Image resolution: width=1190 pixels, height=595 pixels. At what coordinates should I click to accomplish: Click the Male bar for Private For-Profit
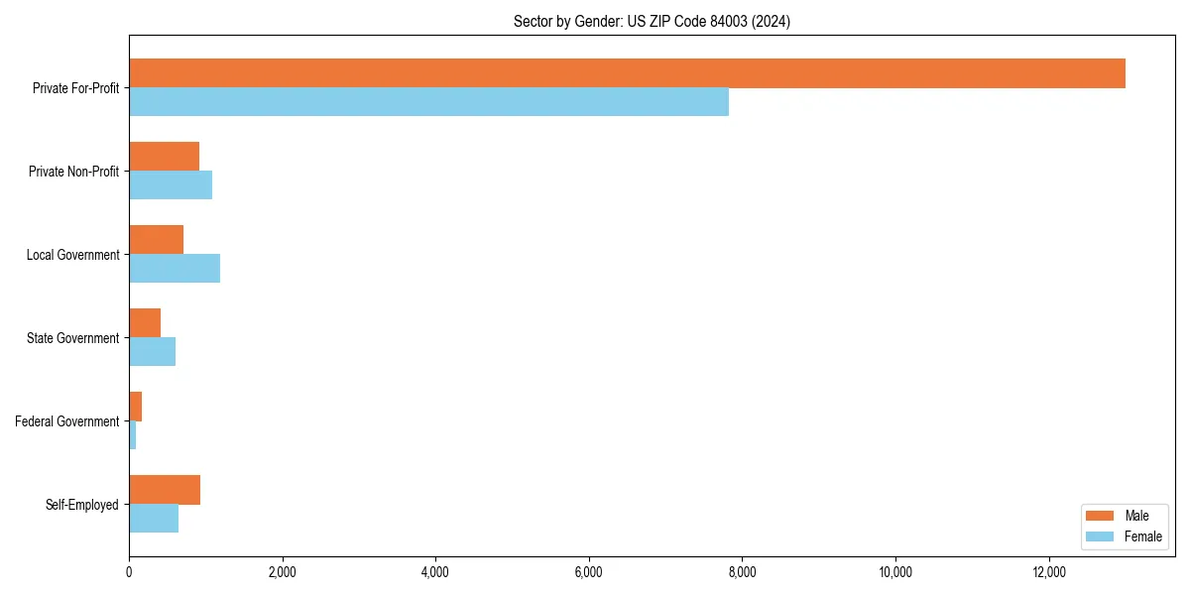627,73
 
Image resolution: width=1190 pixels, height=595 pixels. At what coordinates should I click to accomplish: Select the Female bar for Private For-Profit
428,102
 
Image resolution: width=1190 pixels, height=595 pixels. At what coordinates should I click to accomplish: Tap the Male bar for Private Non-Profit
164,157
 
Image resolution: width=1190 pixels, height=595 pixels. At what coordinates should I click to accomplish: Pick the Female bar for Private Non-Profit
171,185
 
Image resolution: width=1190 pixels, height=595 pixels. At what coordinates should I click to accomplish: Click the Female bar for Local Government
175,269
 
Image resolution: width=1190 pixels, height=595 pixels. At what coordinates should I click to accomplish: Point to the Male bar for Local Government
156,240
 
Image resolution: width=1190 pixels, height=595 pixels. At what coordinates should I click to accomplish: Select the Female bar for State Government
152,352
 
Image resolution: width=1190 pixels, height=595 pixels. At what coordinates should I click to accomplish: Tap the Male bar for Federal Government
135,407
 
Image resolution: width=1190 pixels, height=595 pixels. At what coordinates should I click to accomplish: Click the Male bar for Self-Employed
165,490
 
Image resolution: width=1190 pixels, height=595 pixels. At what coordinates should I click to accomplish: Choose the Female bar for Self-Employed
154,519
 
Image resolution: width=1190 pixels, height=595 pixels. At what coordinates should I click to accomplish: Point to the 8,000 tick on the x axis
742,572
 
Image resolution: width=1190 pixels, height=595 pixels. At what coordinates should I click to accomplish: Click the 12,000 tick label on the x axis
1049,572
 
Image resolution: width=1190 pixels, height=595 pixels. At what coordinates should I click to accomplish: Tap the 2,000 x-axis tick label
283,572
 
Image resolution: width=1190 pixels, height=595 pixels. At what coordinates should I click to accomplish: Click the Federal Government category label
67,421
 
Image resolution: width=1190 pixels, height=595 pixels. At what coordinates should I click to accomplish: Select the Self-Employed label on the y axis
82,505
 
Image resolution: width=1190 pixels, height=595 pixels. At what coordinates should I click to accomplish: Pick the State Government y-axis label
73,338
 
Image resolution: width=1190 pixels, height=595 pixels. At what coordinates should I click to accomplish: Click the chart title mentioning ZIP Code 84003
652,21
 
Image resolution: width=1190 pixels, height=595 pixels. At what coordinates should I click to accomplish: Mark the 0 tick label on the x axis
129,572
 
